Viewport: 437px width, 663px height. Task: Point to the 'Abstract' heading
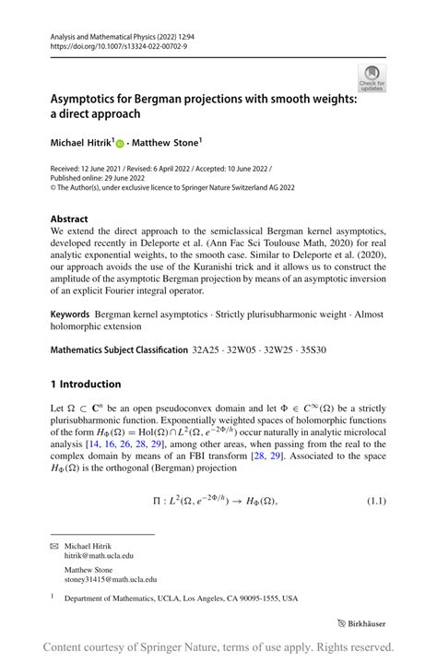point(70,219)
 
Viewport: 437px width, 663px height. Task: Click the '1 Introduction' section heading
point(86,384)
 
